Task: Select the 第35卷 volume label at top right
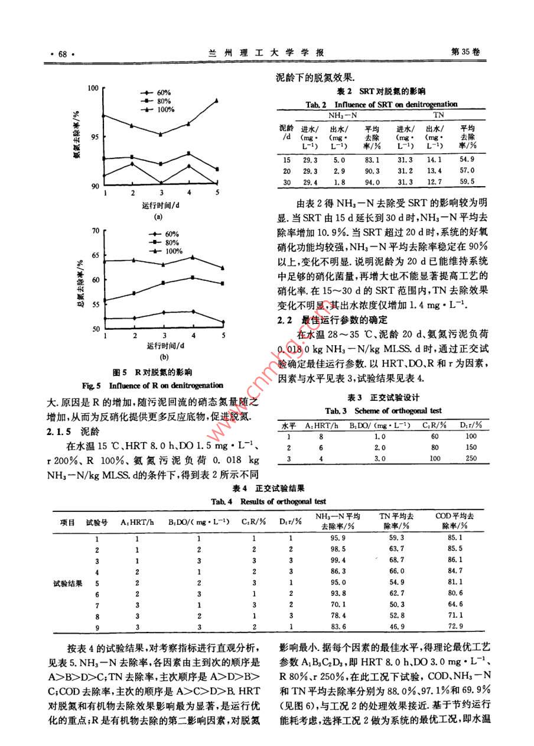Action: (x=465, y=52)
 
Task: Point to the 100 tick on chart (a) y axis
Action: (x=93, y=88)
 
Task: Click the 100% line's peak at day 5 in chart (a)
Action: (x=217, y=100)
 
